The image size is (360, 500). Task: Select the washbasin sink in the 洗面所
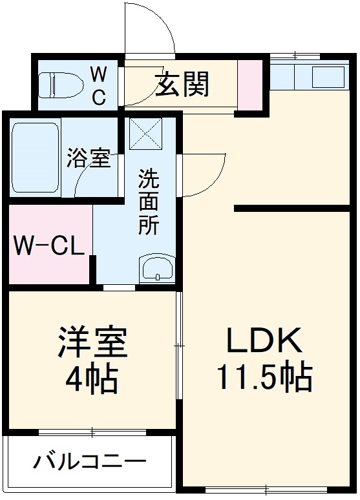[x=156, y=268]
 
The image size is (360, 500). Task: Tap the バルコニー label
[x=90, y=462]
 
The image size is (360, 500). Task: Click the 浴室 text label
[x=89, y=159]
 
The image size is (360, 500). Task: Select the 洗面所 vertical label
[x=148, y=201]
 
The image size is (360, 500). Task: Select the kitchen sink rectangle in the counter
[x=330, y=78]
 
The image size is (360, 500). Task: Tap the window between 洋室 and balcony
[x=90, y=432]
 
